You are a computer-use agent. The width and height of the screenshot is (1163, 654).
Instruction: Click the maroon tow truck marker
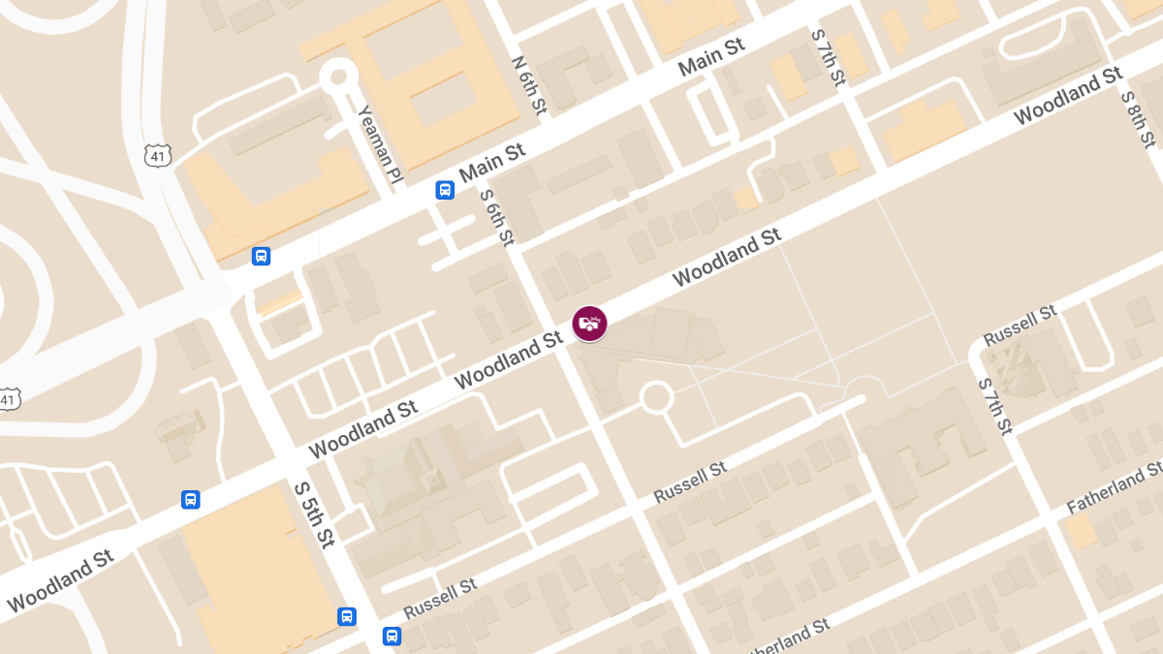(589, 324)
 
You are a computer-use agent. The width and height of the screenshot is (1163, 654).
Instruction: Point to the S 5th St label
(314, 514)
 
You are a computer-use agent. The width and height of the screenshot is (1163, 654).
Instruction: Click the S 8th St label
(1138, 119)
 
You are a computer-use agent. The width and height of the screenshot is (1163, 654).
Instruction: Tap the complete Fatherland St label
(1114, 489)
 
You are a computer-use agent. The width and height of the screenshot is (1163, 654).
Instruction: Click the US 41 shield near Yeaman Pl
(158, 155)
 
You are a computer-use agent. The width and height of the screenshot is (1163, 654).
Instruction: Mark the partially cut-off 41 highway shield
(8, 399)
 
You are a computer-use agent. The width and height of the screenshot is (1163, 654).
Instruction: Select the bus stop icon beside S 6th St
(445, 190)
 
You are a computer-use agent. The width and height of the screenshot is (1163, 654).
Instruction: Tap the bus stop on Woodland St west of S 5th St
(191, 500)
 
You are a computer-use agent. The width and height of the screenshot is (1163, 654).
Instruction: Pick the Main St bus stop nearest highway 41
(261, 256)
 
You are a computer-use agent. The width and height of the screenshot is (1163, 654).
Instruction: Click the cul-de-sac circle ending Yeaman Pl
(338, 76)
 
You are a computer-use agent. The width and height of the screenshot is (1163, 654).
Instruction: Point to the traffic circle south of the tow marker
(656, 397)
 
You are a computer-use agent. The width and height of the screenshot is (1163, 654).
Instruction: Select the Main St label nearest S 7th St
(711, 57)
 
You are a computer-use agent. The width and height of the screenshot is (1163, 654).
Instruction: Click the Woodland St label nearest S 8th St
(1068, 96)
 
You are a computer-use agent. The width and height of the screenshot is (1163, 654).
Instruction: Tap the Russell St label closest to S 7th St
(1020, 326)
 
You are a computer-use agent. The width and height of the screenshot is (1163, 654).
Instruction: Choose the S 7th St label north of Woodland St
(829, 57)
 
